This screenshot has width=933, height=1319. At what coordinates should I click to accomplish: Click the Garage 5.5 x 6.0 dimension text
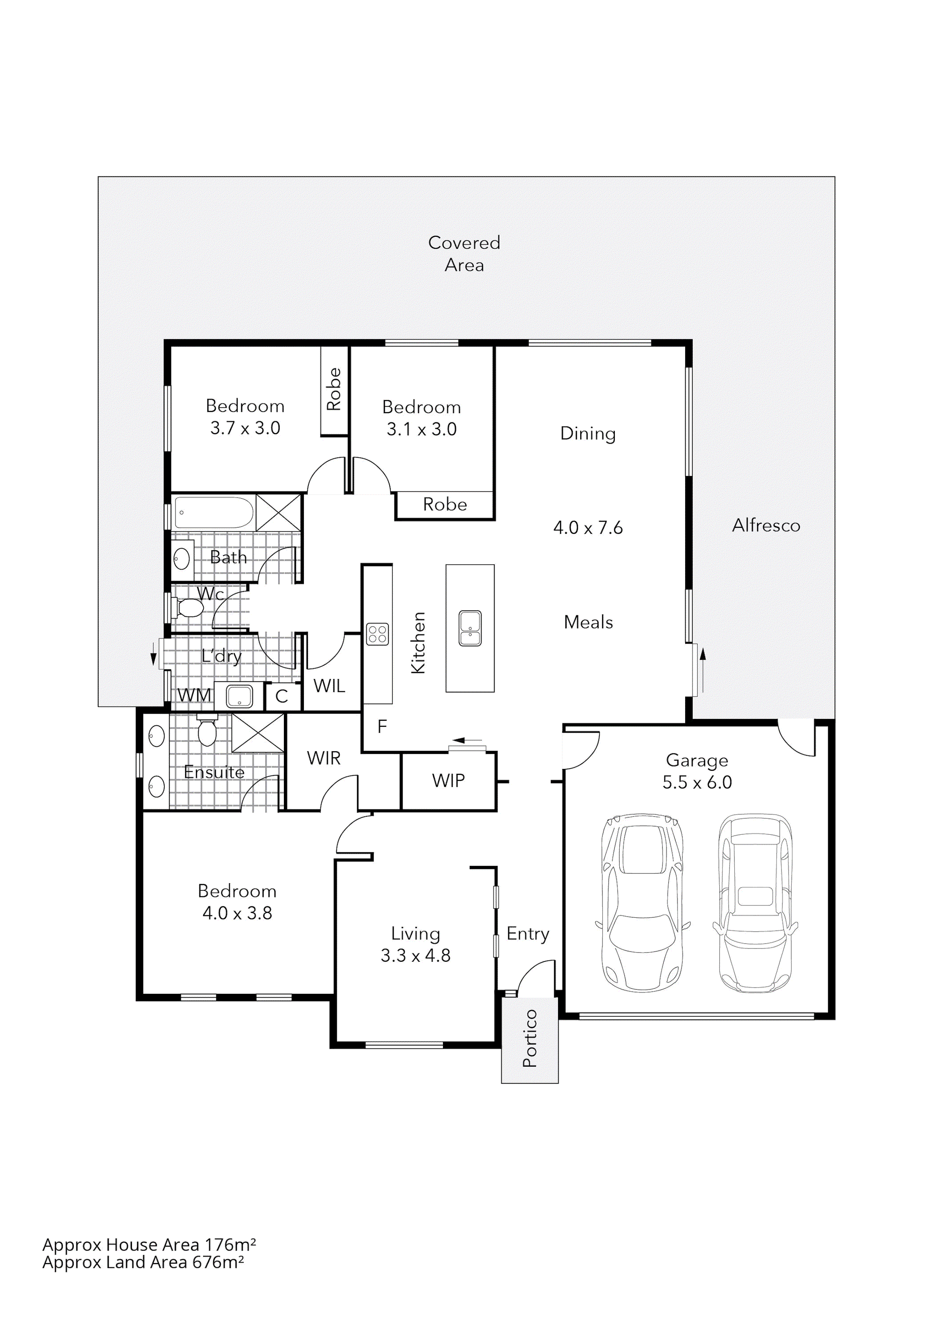697,782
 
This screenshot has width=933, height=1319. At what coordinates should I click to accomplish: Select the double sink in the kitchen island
470,629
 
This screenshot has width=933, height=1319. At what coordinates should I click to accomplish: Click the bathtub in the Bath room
214,512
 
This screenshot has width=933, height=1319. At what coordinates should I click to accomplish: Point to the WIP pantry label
448,781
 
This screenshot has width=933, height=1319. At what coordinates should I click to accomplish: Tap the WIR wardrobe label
323,758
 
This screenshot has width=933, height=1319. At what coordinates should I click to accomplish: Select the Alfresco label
766,526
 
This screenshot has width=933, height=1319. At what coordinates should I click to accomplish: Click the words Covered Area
464,253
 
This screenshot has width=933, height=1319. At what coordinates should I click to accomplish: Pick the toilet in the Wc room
190,608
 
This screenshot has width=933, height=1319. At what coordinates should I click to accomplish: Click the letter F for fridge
382,727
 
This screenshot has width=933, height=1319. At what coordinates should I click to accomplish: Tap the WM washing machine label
194,695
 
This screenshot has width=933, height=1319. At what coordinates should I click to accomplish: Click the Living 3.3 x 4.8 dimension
415,955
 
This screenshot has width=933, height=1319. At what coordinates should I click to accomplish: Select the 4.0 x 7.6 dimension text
588,527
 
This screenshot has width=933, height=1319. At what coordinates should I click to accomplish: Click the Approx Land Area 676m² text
143,1262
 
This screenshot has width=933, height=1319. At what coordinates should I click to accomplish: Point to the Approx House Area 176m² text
149,1244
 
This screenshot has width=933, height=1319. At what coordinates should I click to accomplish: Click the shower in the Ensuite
257,733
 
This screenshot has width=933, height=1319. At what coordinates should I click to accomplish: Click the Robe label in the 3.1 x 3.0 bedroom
445,504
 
